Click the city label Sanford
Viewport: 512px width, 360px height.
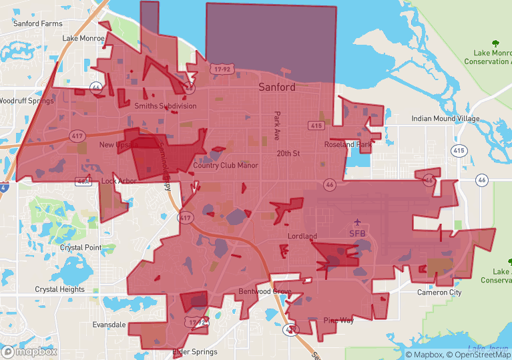coord(277,87)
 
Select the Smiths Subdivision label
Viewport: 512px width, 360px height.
coord(166,106)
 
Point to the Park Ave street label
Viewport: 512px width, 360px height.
coord(277,126)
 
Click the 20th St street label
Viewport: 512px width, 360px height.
coord(289,153)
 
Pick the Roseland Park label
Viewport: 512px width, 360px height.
coord(348,144)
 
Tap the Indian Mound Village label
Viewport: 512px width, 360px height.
coord(445,118)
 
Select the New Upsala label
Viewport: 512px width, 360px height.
coord(117,144)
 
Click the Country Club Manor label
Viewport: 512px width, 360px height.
coord(225,165)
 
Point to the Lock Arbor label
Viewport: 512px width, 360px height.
coord(119,181)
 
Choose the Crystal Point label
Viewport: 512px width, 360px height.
coord(81,247)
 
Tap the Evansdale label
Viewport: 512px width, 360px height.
coord(109,325)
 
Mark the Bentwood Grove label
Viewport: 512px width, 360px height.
coord(265,292)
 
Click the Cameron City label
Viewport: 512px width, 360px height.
coord(439,293)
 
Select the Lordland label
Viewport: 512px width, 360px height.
coord(302,236)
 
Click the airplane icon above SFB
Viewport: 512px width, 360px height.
coord(358,222)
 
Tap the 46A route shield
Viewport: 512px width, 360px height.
coord(83,180)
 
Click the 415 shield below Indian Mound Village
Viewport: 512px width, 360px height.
coord(459,150)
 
